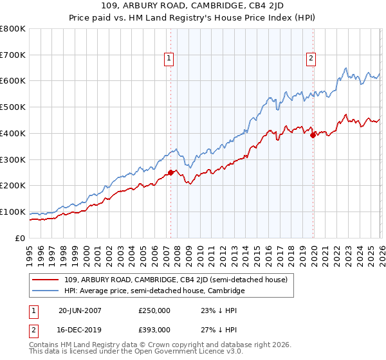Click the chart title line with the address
coord(193,7)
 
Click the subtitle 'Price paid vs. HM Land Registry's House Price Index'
coord(193,18)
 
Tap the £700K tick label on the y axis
coord(13,55)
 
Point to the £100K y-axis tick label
coord(13,212)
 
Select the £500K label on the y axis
coord(13,107)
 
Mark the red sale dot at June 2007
coord(170,172)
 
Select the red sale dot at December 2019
coord(313,135)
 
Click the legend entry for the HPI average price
coord(154,291)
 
